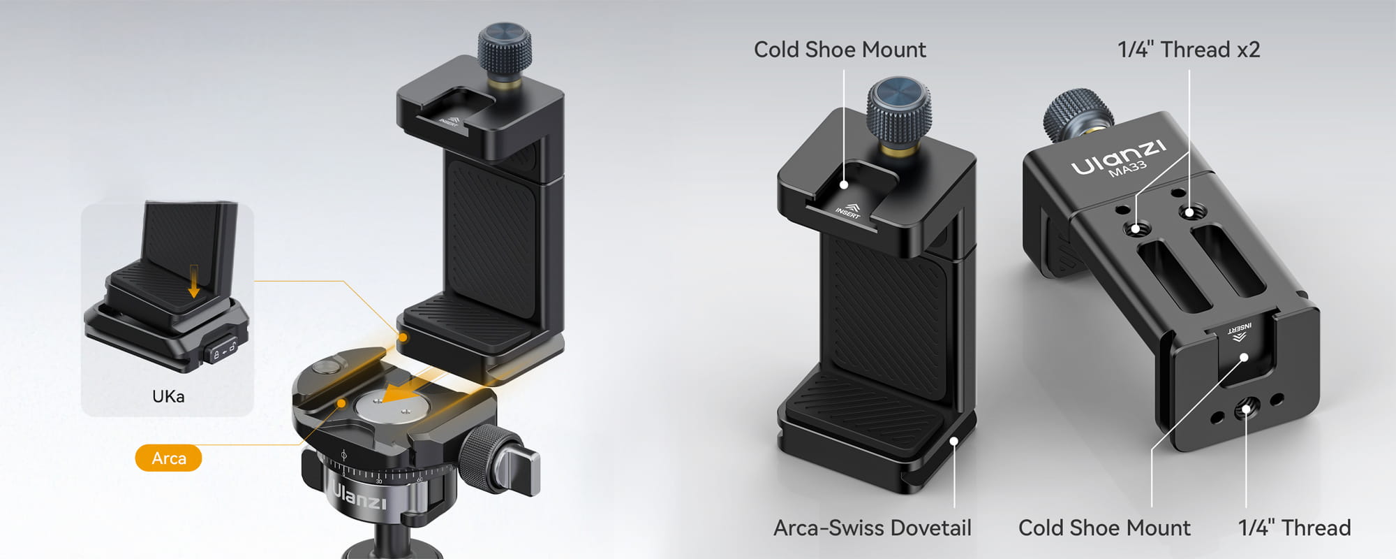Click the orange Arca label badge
click(168, 458)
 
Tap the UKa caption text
click(168, 396)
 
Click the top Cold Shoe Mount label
click(840, 50)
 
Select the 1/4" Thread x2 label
click(1189, 50)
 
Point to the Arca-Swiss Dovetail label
click(872, 528)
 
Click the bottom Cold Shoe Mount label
click(1104, 528)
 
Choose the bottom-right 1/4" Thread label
click(1294, 528)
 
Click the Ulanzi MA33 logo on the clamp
click(1118, 159)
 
